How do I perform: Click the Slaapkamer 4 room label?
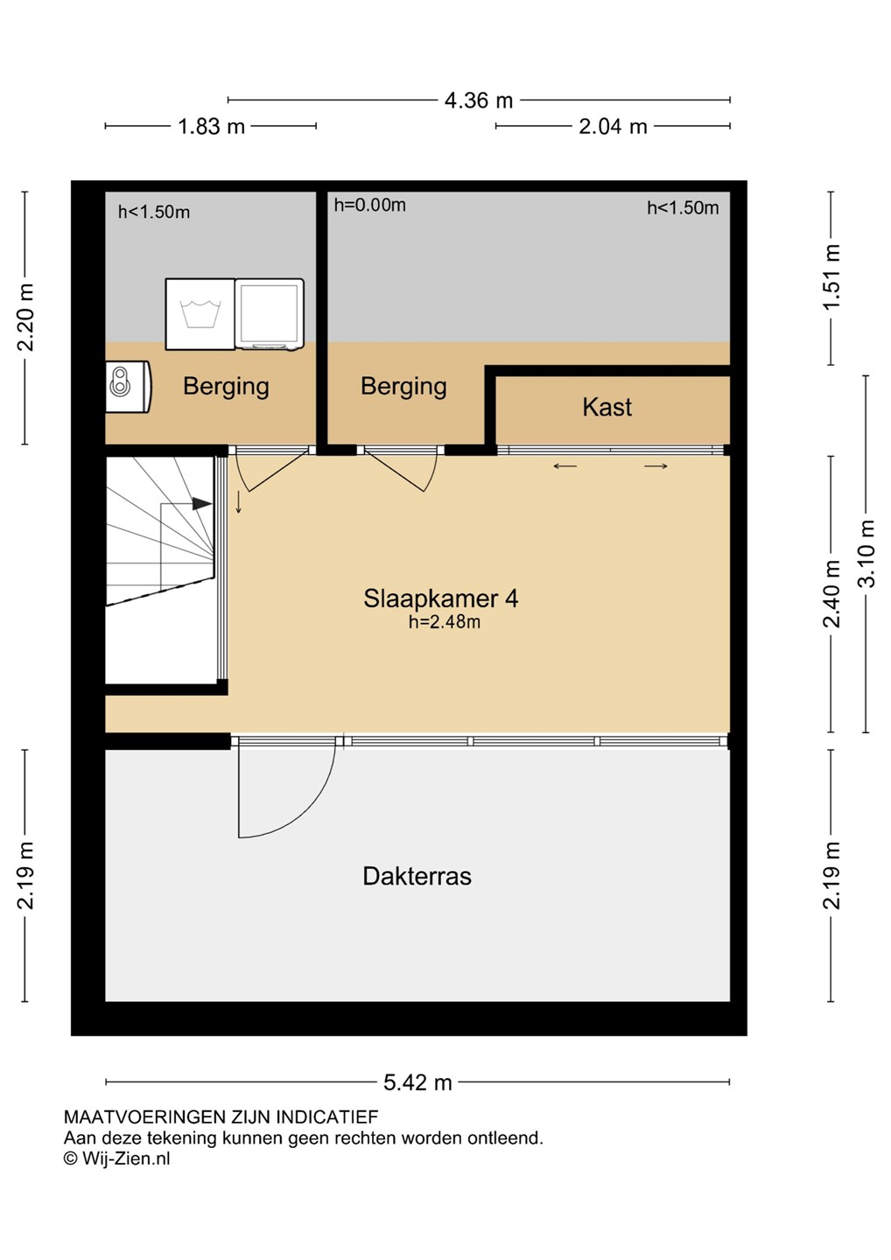pos(440,598)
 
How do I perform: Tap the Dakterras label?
pos(417,876)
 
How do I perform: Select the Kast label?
pos(607,407)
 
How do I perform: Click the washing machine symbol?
pos(200,314)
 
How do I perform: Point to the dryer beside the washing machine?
pos(270,314)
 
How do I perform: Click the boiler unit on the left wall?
pos(129,387)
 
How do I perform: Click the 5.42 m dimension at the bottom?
pos(417,1082)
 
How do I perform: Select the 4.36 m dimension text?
pos(479,101)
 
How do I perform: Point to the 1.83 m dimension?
pos(211,127)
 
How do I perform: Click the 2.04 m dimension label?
pos(614,127)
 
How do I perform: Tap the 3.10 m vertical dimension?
pos(866,554)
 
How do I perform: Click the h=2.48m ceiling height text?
pos(445,622)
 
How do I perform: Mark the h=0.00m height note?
pos(369,206)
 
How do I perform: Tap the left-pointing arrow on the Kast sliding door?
pos(565,465)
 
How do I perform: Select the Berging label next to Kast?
pos(403,387)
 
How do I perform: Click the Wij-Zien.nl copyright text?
pos(116,1158)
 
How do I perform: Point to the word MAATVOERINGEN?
pos(144,1116)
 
